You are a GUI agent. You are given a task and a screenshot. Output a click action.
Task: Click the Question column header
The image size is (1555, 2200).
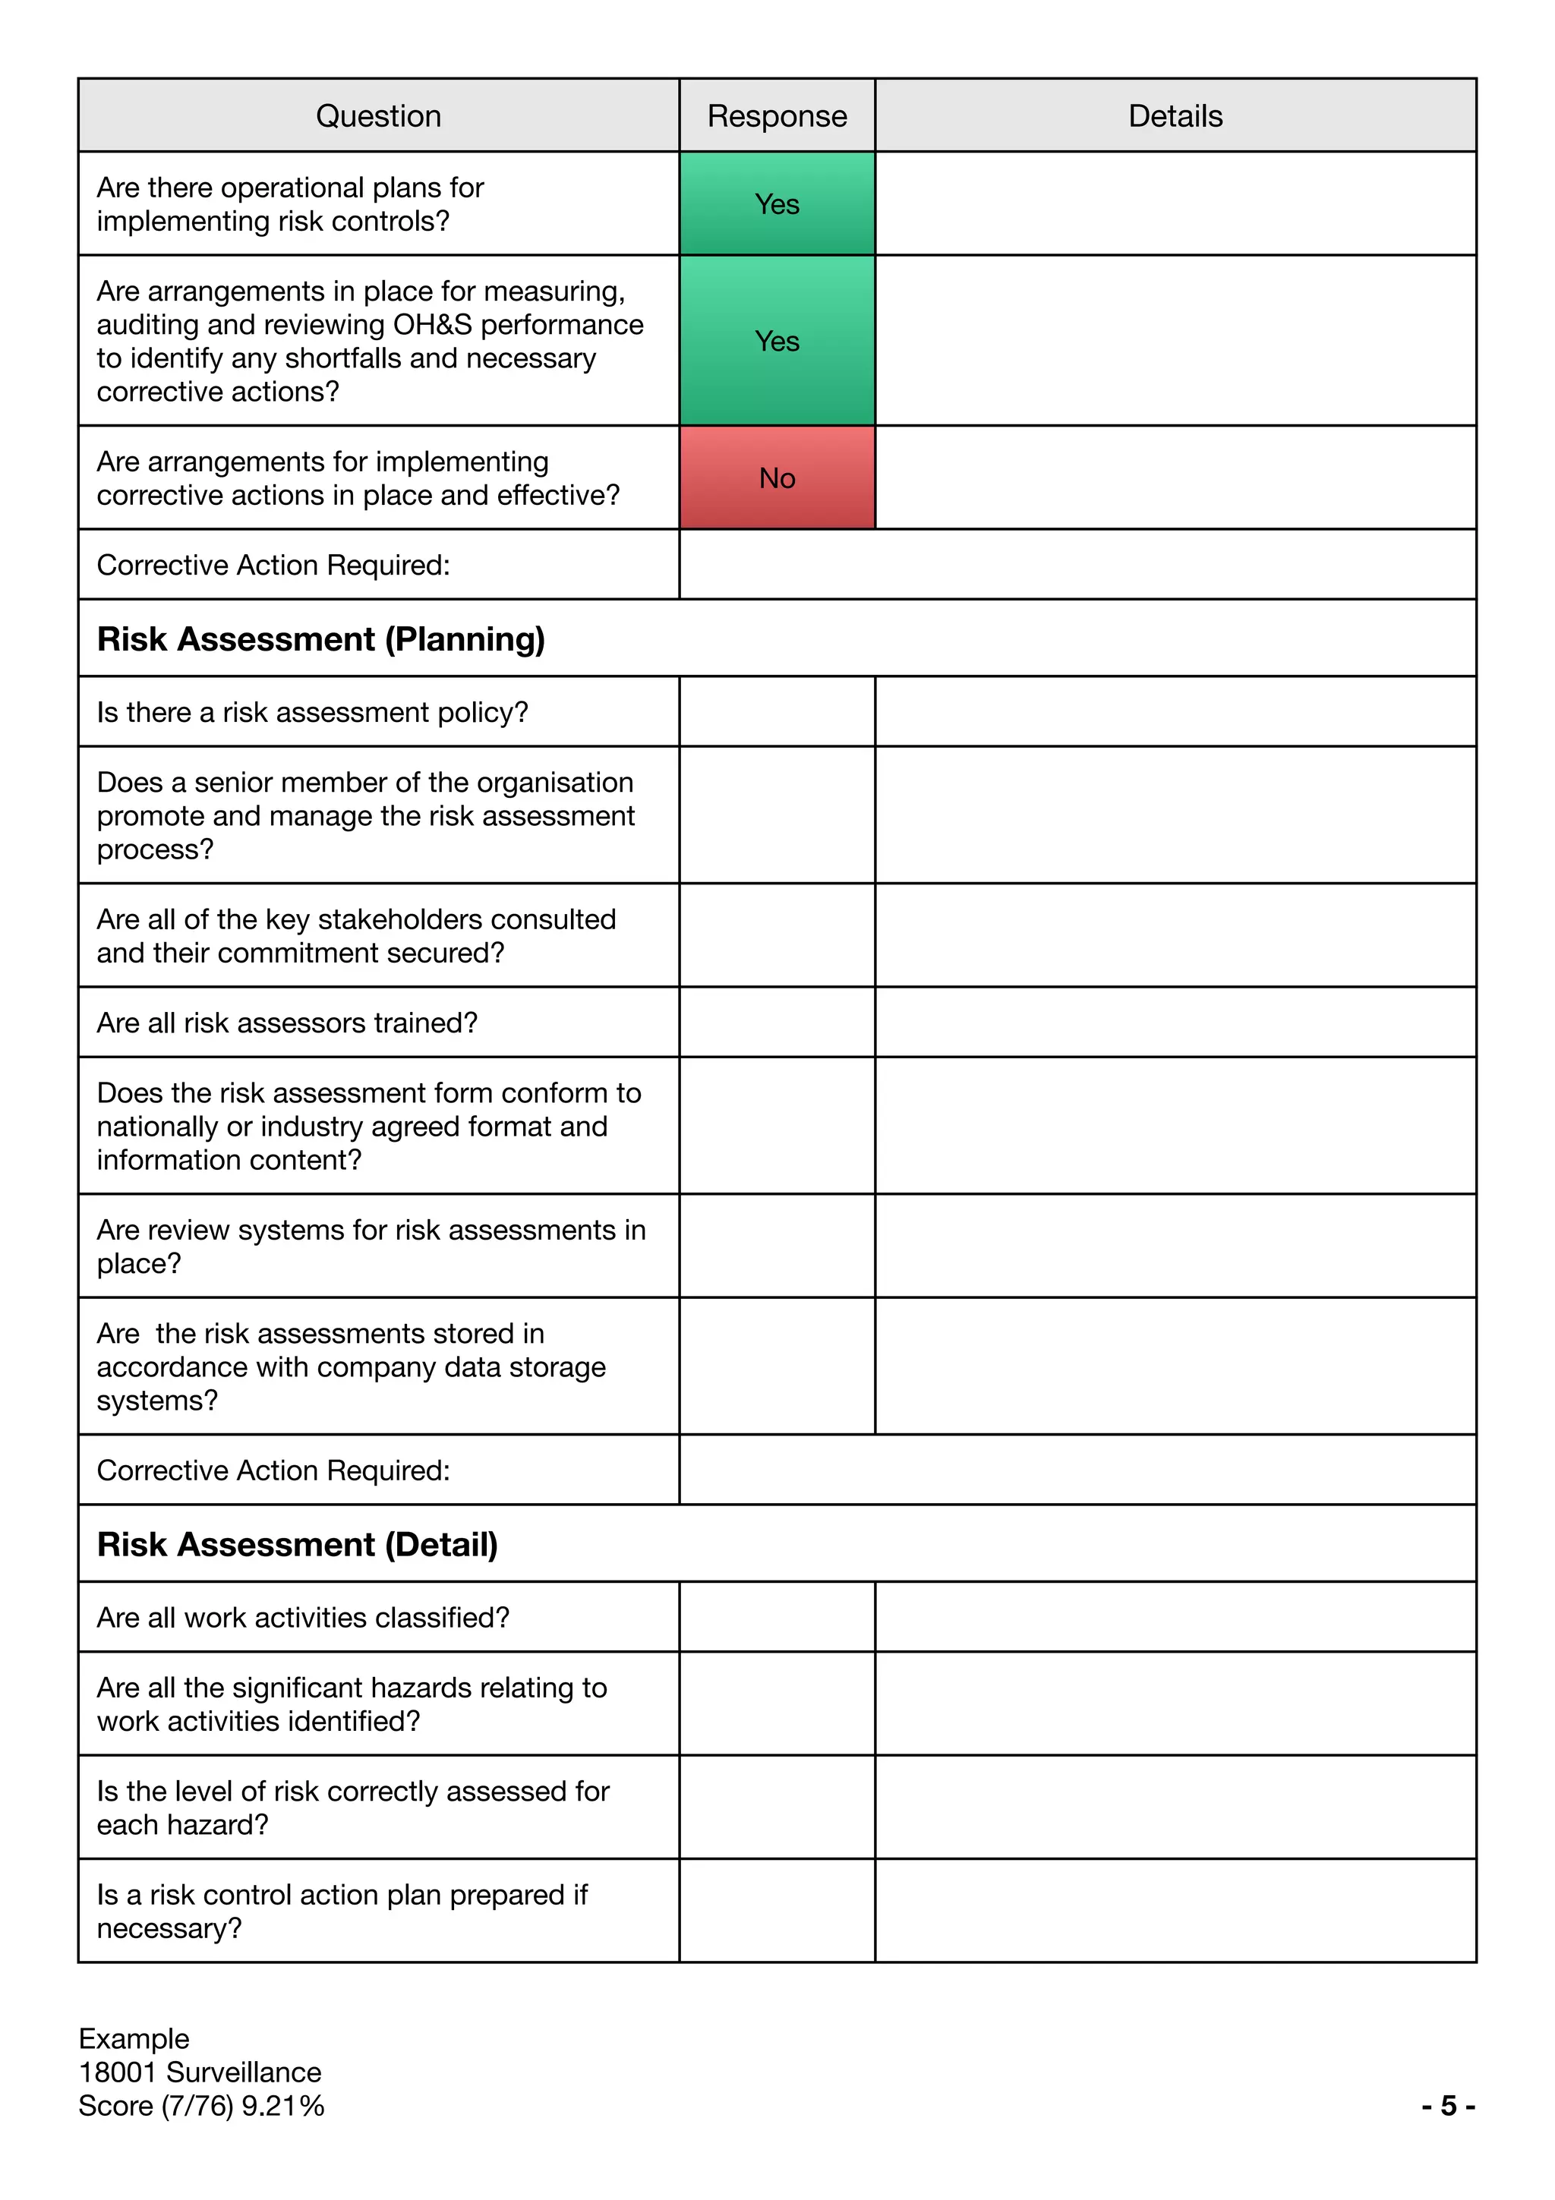[x=378, y=116]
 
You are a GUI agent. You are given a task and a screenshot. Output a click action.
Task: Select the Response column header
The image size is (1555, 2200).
[x=777, y=116]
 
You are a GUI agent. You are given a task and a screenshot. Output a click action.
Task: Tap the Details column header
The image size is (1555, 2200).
[x=1175, y=116]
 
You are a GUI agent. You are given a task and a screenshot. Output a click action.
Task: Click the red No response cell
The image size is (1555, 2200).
[x=777, y=478]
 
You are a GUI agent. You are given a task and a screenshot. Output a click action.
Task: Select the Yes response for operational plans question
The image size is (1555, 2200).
[x=777, y=204]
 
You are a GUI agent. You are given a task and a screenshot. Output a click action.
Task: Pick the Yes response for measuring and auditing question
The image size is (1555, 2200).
[x=777, y=341]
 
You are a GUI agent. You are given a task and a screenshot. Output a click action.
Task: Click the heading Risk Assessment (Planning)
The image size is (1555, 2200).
[x=321, y=639]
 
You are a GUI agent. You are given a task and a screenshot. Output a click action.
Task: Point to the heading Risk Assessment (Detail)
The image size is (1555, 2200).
[x=297, y=1545]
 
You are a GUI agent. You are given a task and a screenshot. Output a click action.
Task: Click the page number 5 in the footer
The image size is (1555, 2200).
[x=1449, y=2105]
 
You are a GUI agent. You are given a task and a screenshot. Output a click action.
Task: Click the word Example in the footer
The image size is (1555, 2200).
[x=134, y=2038]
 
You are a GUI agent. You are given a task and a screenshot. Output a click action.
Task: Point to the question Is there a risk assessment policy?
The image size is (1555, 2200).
[x=312, y=713]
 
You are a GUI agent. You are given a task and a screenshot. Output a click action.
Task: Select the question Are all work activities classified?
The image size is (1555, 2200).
[x=303, y=1618]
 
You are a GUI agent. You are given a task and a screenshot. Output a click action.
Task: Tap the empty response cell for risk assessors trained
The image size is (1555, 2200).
[x=777, y=1023]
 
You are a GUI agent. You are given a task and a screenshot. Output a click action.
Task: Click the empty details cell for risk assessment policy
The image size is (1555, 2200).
[x=1175, y=713]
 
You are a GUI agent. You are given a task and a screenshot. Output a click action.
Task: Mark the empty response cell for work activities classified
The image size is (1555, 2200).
[x=777, y=1618]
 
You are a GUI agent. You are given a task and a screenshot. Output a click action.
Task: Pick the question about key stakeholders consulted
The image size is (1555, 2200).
[x=356, y=936]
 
